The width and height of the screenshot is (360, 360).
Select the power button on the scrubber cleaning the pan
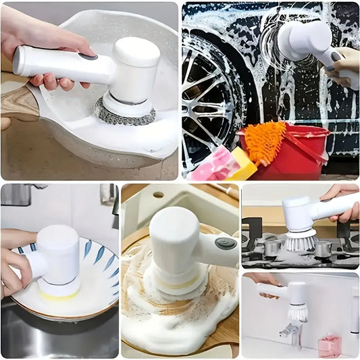pos(87,57)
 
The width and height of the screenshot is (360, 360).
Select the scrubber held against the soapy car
pos(304,41)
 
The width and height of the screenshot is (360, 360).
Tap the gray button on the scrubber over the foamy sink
pos(225,243)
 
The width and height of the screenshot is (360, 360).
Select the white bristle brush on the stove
pos(299,240)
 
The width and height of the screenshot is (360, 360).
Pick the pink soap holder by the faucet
pos(329,345)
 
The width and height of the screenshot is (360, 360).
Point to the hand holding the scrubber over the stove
pos(342,203)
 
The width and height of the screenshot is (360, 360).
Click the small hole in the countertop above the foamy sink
pos(157,195)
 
